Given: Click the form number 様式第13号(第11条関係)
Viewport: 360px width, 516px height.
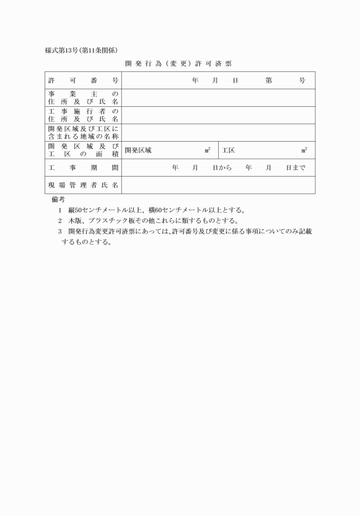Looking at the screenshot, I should point(81,50).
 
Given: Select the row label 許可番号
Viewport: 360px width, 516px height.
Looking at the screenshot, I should point(83,81).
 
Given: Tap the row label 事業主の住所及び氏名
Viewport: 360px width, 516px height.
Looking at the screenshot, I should point(83,98).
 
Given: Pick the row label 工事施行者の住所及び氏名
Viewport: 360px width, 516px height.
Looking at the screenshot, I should point(83,115).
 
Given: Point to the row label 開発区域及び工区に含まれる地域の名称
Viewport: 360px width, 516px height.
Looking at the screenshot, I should point(83,133).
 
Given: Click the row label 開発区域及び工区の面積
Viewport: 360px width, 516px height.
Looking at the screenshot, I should point(83,150).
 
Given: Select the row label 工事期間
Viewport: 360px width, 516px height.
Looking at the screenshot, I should point(83,168).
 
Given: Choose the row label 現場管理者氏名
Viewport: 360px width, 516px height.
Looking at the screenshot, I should point(83,185).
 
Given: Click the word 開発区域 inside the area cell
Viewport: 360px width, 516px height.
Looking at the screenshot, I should point(138,150).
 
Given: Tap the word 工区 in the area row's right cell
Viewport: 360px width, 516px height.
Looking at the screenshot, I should point(229,150).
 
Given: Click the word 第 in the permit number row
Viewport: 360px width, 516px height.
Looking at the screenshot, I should point(269,81).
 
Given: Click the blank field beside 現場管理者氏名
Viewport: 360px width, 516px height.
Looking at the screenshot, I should point(218,185).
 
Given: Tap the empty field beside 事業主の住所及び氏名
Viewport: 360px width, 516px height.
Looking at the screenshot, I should point(218,98).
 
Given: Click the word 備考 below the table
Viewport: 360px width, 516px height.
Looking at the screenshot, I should point(58,199).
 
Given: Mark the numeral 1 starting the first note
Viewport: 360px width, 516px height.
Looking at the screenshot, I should point(59,210).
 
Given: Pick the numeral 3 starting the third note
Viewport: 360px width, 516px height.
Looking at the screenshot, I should point(59,231).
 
